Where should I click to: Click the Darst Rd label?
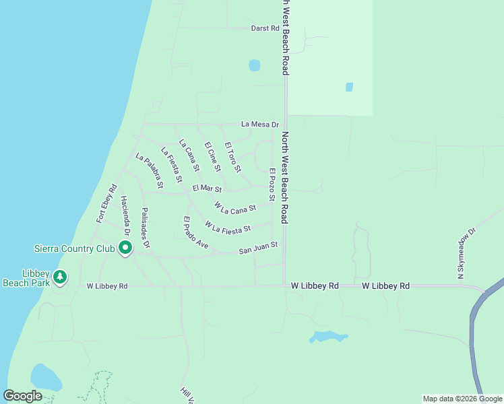265,28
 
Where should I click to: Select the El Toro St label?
232,156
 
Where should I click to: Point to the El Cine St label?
213,156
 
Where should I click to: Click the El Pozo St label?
272,184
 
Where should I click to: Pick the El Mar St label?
207,189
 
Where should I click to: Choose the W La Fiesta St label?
228,228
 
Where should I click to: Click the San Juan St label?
258,248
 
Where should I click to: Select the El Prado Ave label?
195,232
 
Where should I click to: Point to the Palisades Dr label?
144,224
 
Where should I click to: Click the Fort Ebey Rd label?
106,203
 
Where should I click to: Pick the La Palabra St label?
149,171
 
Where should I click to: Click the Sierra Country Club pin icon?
125,248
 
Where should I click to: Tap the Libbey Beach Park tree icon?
60,277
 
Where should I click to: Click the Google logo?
23,396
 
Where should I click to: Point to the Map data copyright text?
462,399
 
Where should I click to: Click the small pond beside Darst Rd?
254,65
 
